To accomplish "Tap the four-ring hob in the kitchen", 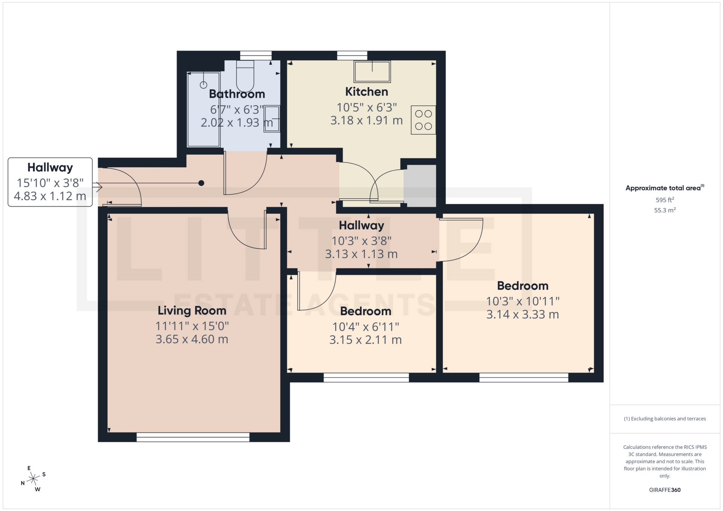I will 423,120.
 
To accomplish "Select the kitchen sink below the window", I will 372,71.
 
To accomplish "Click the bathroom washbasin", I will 272,119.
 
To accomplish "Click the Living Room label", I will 192,310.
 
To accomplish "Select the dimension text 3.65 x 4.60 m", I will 192,339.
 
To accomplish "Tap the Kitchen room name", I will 366,91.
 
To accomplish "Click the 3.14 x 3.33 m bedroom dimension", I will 522,314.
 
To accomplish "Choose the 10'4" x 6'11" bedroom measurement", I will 365,327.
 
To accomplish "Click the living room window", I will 193,437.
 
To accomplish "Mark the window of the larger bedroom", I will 523,378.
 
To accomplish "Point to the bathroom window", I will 256,55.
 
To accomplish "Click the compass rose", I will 34,479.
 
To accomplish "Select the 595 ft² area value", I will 665,200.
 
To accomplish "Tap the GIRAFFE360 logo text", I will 665,490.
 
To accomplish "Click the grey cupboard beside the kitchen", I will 420,186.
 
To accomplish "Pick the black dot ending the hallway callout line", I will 201,183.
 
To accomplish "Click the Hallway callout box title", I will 50,167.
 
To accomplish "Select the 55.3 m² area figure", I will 665,210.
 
